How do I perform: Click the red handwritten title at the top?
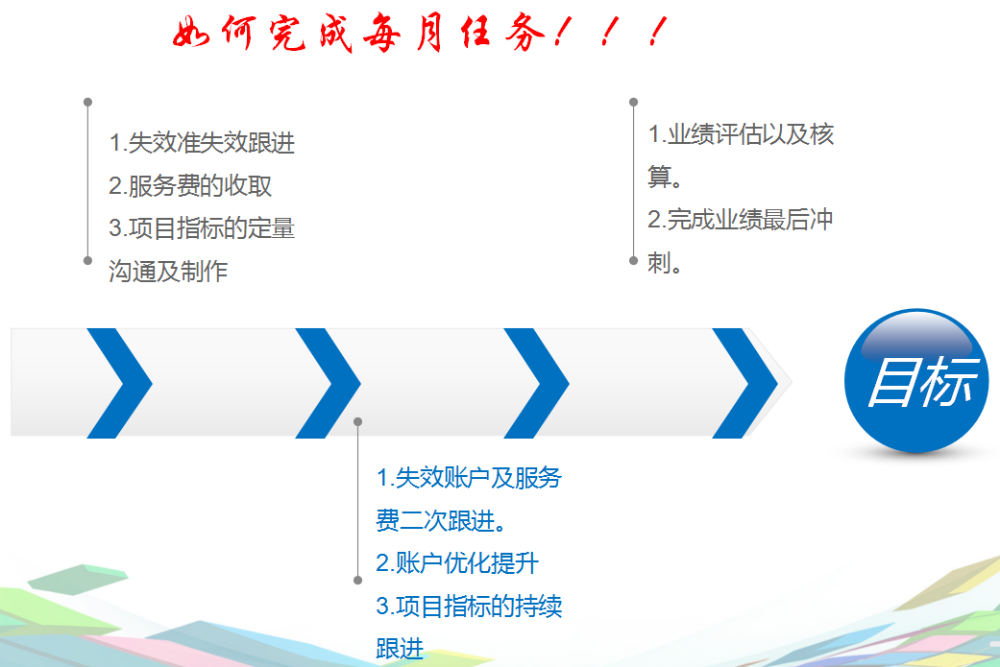[418, 36]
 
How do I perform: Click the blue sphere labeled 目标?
[916, 381]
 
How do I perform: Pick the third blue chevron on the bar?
[539, 383]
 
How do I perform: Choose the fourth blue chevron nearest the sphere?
[747, 383]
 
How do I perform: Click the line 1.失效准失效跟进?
[202, 144]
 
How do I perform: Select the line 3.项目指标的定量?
[202, 228]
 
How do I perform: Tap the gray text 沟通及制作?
[168, 272]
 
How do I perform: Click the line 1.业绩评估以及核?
[741, 134]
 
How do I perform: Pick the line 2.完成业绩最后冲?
[741, 220]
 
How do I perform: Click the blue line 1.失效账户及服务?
[469, 477]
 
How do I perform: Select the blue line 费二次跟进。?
[442, 520]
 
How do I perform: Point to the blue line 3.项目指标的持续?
[469, 607]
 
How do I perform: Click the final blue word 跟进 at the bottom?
[400, 649]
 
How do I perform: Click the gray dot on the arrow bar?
[357, 421]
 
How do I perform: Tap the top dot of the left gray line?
[87, 102]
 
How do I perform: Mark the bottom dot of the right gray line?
[633, 260]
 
